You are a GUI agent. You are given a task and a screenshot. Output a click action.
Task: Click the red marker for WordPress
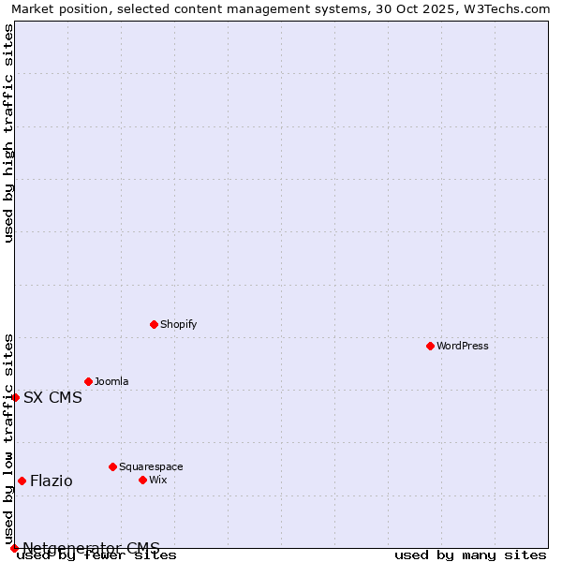click(430, 346)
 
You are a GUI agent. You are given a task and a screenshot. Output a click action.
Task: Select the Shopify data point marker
click(154, 324)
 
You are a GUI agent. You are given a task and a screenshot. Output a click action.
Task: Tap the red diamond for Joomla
click(88, 381)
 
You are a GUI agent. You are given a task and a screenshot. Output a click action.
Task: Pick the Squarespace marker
click(112, 466)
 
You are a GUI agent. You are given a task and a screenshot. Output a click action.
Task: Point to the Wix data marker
click(142, 480)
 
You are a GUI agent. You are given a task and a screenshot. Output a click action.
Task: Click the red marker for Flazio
click(22, 481)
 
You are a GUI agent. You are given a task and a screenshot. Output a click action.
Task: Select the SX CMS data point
click(15, 397)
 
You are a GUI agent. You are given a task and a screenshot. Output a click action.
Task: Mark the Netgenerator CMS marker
click(14, 548)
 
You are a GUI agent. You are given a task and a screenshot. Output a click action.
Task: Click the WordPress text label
click(463, 346)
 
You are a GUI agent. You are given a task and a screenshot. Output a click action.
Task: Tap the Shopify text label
click(178, 324)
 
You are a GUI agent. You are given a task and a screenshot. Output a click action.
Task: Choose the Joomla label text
click(111, 381)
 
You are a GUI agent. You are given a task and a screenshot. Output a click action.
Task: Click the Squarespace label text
click(151, 466)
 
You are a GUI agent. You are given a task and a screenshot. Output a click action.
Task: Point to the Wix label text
click(157, 480)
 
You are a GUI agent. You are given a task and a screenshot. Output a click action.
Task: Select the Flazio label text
click(51, 481)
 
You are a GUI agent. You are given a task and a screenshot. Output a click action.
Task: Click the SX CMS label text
click(52, 397)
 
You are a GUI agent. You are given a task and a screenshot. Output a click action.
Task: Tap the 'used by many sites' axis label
click(470, 555)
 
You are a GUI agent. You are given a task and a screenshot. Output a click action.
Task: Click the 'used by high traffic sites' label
click(8, 133)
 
